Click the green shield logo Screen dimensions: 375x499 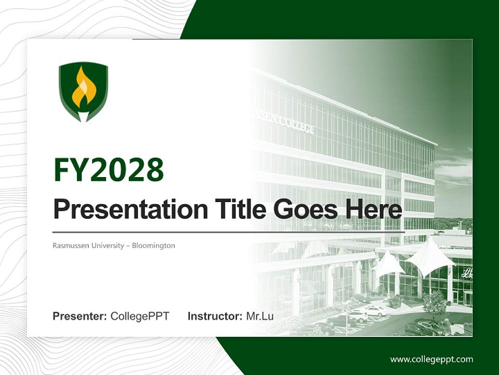point(83,92)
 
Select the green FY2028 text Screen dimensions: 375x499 point(109,169)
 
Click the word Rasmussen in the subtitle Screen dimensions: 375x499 point(70,245)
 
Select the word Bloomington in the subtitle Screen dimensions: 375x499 point(153,245)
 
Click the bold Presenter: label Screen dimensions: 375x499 point(80,316)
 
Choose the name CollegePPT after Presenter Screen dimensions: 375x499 point(140,316)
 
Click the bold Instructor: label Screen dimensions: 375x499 point(215,316)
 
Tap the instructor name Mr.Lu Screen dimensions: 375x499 point(260,316)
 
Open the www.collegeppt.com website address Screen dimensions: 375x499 point(431,359)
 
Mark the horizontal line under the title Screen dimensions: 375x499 point(229,231)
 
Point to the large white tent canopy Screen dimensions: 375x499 point(429,255)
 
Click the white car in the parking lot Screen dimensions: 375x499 point(375,310)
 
